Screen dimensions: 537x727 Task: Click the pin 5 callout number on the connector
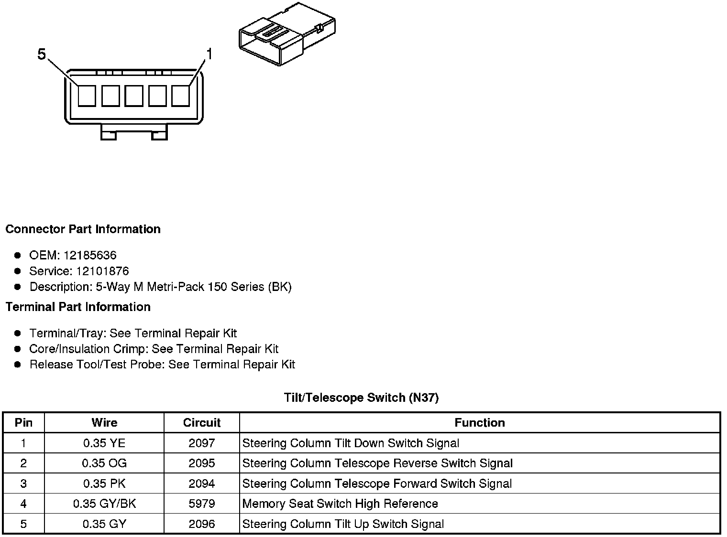42,55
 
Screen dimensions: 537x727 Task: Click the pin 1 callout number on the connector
209,54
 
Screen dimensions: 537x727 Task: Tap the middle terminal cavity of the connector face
133,96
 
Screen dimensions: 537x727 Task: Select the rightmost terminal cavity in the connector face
180,96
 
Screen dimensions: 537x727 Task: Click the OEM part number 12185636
89,255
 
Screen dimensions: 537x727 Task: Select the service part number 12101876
102,271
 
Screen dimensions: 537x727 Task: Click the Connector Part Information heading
83,229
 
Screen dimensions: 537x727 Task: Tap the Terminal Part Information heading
78,307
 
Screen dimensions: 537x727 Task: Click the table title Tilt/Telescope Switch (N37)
361,397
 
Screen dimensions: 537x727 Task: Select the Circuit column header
201,422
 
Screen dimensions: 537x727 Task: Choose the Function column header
479,422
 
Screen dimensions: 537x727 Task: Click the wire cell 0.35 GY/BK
104,504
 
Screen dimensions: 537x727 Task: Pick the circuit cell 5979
201,504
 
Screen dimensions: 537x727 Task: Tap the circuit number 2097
201,443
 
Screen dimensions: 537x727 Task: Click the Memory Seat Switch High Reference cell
340,504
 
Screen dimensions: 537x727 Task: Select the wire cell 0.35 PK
104,483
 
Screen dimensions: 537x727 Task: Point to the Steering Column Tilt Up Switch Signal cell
343,524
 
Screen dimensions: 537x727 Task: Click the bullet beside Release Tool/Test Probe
18,365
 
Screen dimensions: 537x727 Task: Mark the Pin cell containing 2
23,463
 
